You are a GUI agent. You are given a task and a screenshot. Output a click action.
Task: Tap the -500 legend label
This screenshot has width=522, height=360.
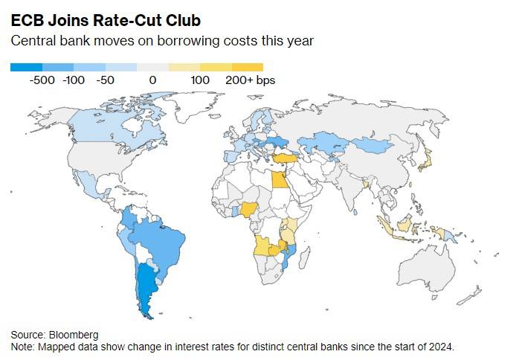click(x=42, y=80)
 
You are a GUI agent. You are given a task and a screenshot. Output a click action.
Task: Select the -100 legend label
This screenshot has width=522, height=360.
click(x=74, y=80)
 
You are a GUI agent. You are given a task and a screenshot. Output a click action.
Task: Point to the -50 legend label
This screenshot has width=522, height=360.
click(x=105, y=80)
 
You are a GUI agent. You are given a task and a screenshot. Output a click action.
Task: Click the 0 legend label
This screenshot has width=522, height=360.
click(x=152, y=80)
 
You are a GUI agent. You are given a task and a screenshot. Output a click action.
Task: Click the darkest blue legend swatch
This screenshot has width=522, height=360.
click(x=26, y=67)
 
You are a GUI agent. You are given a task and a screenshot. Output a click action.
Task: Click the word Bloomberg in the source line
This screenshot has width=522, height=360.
click(x=74, y=335)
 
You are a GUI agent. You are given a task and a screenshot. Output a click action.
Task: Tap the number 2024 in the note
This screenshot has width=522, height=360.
click(x=436, y=347)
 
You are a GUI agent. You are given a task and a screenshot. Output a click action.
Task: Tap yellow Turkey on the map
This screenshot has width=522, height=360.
click(x=284, y=158)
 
